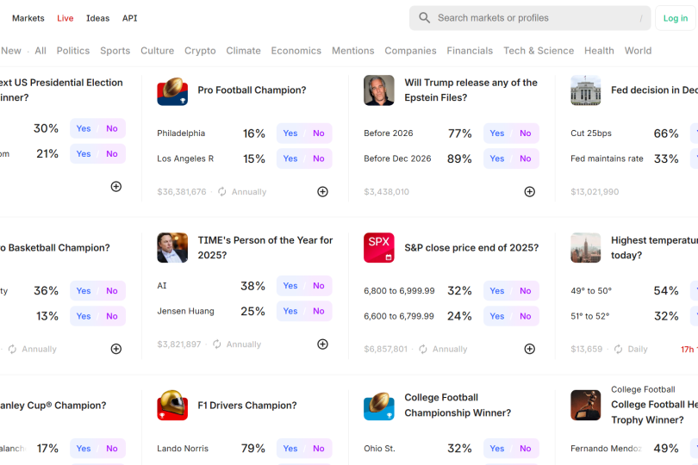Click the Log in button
tap(676, 18)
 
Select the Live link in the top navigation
tap(65, 18)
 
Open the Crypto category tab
tap(200, 51)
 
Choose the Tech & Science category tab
tap(539, 51)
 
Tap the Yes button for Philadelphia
tap(290, 133)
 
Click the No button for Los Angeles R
tap(319, 158)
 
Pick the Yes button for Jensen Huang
tap(290, 312)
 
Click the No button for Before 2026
tap(526, 133)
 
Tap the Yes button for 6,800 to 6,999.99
tap(497, 291)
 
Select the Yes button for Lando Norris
tap(290, 449)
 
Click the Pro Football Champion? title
tap(252, 90)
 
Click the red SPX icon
tap(379, 247)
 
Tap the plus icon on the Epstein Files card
tap(530, 192)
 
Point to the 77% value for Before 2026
tap(459, 133)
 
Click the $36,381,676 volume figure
tap(182, 192)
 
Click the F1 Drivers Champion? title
tap(247, 406)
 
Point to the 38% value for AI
tap(252, 286)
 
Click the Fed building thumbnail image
tap(586, 90)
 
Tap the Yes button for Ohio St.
tap(497, 449)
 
